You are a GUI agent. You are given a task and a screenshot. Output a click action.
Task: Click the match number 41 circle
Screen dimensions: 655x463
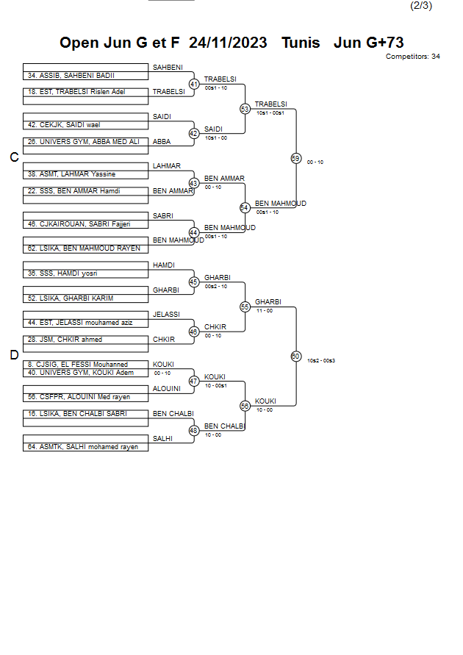coord(194,85)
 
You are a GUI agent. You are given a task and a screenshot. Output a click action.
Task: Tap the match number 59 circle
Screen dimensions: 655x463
coord(295,158)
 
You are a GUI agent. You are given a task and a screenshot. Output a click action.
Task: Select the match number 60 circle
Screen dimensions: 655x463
coord(295,356)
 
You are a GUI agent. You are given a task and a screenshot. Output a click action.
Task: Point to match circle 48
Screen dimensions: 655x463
coord(194,431)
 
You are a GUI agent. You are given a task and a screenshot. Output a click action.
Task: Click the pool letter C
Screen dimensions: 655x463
coord(14,157)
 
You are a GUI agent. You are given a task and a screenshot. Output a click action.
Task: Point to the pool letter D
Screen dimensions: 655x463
coord(14,356)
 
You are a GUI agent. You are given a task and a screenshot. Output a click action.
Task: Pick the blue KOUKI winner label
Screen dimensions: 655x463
coord(265,401)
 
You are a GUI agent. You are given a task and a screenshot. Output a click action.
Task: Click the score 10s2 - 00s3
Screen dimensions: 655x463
coord(321,360)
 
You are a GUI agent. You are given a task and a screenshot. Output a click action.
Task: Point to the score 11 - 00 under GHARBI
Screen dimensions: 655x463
coord(265,310)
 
